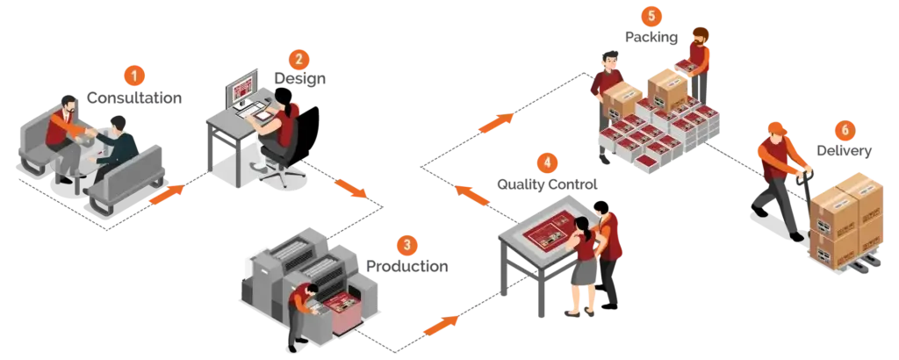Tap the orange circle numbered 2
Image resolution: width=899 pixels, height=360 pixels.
click(298, 59)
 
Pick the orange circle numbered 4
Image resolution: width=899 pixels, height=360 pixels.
click(547, 163)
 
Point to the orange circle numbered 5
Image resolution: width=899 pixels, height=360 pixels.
click(651, 15)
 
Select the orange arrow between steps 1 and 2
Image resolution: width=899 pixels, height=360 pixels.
click(167, 196)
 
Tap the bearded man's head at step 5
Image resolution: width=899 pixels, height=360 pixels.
click(699, 37)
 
